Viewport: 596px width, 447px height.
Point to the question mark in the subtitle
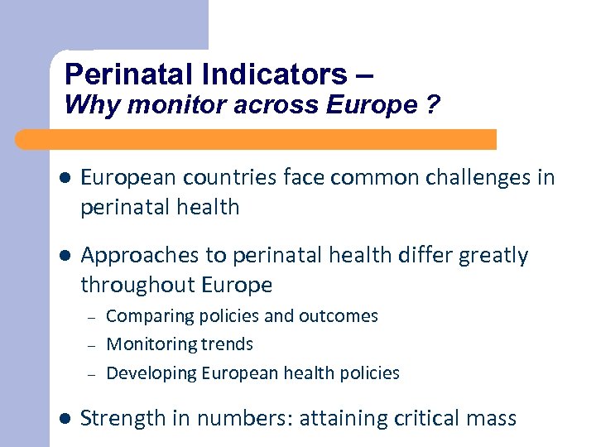click(x=435, y=106)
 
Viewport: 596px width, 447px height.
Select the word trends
click(x=227, y=344)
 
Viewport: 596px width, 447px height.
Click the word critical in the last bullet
click(x=421, y=419)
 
